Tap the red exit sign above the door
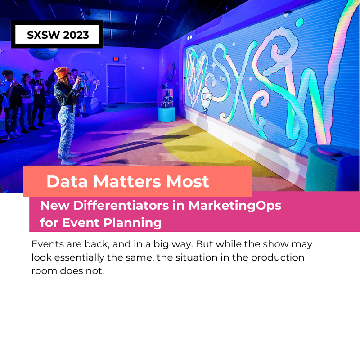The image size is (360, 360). pos(115,59)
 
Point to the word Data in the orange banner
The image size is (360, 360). pos(68,181)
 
